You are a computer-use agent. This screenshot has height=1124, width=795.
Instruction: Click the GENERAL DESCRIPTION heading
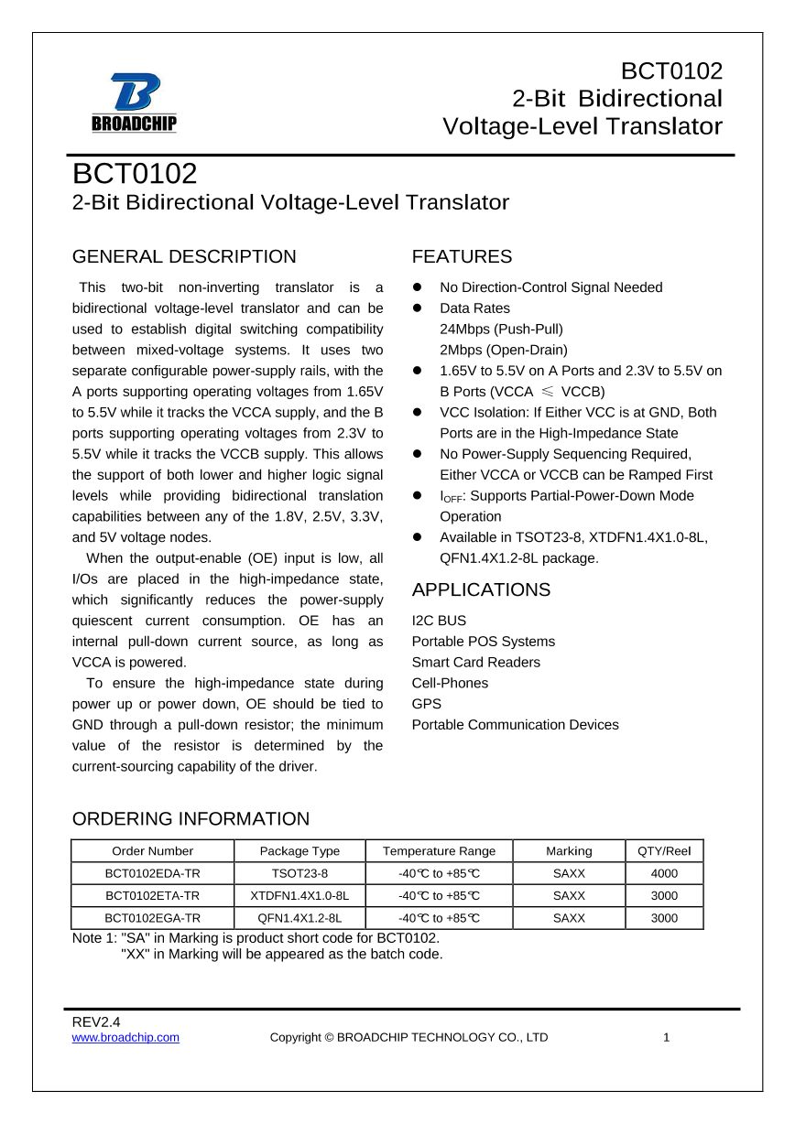coord(184,256)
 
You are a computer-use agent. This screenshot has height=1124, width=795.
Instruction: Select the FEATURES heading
coord(462,256)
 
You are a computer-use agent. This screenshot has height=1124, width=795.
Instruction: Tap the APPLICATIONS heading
coord(481,589)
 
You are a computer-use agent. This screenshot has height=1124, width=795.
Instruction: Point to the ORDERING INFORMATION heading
coord(191,818)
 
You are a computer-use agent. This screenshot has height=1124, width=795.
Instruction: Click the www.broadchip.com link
coord(125,1037)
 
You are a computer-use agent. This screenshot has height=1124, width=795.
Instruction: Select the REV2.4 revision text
coord(96,1021)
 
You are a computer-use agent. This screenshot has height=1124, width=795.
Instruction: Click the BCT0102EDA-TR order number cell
coord(152,873)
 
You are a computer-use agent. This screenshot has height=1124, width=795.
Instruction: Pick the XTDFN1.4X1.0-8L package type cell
coord(299,895)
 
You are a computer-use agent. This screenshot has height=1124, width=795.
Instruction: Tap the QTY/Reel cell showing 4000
coord(664,873)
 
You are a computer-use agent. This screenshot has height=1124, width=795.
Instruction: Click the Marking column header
coord(569,850)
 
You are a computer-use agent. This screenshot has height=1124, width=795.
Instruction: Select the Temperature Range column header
coord(439,850)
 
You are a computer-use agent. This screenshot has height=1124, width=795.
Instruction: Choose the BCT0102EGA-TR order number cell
coord(152,918)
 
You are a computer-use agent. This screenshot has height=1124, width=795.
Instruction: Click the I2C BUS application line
coord(439,621)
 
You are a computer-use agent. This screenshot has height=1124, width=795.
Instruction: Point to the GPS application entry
coord(426,704)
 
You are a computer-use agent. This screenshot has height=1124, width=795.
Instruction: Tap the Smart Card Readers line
coord(475,662)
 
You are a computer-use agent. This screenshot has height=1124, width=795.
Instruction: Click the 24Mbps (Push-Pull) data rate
coord(501,329)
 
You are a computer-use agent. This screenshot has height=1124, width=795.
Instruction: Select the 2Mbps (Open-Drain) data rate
coord(504,350)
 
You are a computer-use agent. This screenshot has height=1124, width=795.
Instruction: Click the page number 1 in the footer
coord(667,1037)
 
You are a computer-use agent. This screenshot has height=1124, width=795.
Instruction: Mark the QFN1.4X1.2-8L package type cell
coord(299,918)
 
